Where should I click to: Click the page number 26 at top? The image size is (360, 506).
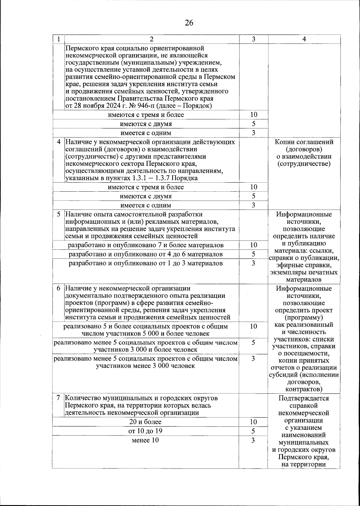189,23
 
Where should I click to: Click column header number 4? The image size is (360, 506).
304,39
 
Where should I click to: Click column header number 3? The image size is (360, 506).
253,39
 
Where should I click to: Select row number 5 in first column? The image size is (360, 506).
59,214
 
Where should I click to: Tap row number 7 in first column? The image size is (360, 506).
59,398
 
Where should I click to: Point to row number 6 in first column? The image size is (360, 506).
59,289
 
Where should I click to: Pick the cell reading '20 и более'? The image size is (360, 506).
145,422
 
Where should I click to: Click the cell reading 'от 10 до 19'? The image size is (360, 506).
145,431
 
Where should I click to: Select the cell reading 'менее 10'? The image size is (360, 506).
145,440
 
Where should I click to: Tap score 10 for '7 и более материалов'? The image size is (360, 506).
253,245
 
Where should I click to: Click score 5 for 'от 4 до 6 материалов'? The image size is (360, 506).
253,254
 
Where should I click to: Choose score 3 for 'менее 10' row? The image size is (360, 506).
253,440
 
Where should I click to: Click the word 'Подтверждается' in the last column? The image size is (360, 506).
304,398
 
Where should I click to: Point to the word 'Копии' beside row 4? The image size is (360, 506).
283,142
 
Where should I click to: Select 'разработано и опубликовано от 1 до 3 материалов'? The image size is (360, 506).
145,263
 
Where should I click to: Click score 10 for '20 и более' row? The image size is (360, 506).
253,422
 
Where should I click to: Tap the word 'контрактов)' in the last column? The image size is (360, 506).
304,389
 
